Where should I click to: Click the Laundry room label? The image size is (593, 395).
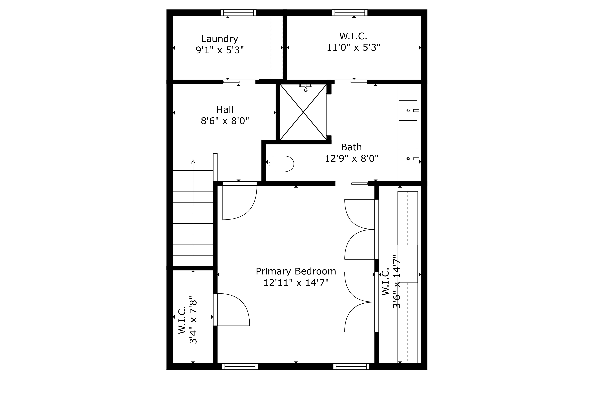pos(219,39)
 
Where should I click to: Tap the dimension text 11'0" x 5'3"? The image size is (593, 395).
pos(353,47)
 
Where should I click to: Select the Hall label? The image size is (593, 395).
pos(225,110)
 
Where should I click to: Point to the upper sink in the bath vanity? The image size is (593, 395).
pos(408,110)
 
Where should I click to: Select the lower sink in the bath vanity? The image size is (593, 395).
pos(408,159)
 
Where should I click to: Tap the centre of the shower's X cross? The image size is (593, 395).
pos(303,112)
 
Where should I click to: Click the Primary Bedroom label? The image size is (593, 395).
pos(296,271)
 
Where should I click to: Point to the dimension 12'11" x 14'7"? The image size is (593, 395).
pos(296,283)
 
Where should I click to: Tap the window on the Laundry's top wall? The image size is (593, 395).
pos(238,13)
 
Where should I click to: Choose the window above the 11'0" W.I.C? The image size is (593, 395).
pos(349,13)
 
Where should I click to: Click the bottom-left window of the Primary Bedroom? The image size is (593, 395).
pos(240,366)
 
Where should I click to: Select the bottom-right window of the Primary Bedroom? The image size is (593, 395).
pos(351,366)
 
